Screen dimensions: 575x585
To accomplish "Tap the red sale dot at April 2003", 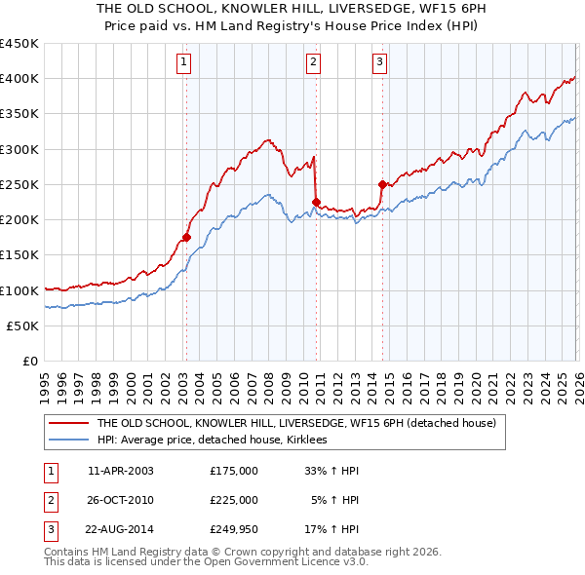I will tap(185, 237).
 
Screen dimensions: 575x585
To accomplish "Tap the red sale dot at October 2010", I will tap(316, 202).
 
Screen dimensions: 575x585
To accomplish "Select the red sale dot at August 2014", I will tap(382, 184).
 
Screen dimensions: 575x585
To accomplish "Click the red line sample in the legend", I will tap(69, 423).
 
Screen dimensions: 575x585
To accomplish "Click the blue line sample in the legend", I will tap(69, 441).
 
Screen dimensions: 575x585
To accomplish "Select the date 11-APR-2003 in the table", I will tap(121, 471).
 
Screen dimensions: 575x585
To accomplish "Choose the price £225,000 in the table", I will tap(234, 500).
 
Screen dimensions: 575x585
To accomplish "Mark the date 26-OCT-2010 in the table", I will tap(121, 500).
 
